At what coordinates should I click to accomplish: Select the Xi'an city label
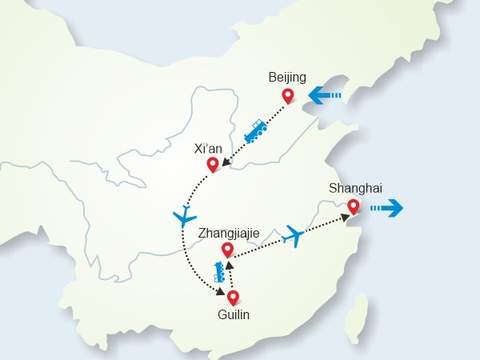210,149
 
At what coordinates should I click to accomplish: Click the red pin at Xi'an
213,165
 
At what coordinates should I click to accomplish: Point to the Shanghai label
355,189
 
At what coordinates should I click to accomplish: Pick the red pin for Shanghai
353,206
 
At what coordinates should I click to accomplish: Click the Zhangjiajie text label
229,234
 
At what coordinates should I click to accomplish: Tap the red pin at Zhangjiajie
227,250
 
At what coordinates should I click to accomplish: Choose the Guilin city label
234,315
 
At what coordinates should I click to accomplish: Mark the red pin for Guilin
233,298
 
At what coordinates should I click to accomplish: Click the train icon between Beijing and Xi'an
255,131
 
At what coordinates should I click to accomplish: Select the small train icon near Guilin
218,273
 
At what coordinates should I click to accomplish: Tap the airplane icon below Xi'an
184,216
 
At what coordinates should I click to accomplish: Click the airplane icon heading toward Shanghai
294,236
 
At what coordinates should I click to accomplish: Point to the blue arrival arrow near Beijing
325,97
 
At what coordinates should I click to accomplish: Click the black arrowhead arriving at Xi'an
226,167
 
